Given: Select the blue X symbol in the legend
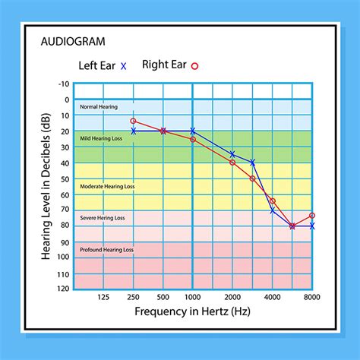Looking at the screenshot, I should [x=124, y=66].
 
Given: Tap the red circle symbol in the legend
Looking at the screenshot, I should [x=194, y=66].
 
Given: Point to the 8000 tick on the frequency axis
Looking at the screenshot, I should [x=311, y=298].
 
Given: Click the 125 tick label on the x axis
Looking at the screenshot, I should [x=103, y=298].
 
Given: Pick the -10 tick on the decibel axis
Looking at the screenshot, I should [x=64, y=84].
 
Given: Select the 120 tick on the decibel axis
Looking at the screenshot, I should [x=62, y=289].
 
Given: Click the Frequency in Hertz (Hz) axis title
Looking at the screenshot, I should [x=194, y=312].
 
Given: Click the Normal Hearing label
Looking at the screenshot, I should [x=99, y=108].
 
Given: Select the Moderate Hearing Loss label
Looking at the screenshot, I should [x=107, y=186].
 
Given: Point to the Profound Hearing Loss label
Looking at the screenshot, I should [x=107, y=249].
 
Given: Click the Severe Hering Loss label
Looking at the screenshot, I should [x=103, y=218].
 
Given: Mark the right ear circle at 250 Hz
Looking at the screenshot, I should [x=134, y=121].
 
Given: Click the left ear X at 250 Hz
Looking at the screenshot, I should [x=134, y=131].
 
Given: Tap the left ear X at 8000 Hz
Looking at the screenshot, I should [x=312, y=226].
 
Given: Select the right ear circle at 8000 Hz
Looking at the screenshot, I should [x=312, y=216].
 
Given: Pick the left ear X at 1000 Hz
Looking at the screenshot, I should [x=193, y=131].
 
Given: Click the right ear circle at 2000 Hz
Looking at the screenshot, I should [x=232, y=163].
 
